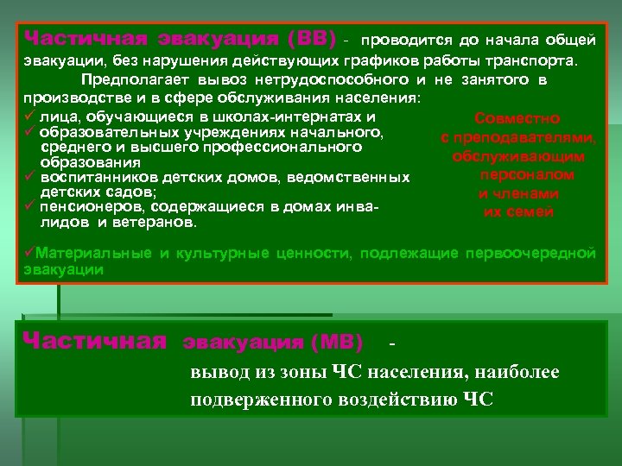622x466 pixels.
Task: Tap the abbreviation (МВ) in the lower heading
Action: (x=333, y=342)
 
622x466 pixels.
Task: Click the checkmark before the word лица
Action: (x=29, y=116)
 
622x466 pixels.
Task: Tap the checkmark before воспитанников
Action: (x=29, y=177)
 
